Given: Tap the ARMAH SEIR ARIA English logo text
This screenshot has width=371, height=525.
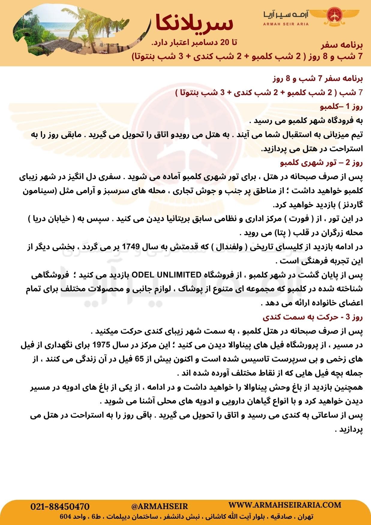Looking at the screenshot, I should (286, 24).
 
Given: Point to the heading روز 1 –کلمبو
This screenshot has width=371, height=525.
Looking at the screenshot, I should (342, 106).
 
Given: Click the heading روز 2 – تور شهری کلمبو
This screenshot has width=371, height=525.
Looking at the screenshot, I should (321, 163).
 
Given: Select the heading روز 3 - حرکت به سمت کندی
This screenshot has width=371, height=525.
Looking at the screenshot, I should (313, 317).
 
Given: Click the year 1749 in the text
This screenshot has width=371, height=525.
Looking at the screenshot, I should (131, 247).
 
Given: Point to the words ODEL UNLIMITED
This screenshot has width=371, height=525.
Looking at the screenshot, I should (166, 275).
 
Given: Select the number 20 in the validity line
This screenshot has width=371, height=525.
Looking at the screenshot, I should (225, 43).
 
